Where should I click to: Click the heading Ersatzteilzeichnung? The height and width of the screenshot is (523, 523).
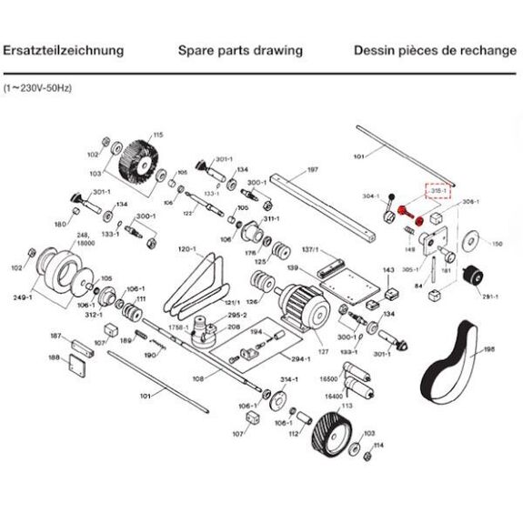click(x=63, y=50)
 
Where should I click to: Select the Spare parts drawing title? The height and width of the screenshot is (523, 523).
click(x=240, y=50)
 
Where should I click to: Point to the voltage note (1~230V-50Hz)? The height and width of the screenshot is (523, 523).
click(x=37, y=88)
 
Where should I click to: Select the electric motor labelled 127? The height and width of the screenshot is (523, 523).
click(x=299, y=304)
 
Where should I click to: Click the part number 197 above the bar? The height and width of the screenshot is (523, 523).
click(x=312, y=170)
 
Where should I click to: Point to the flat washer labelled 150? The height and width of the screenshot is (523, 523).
click(x=470, y=241)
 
